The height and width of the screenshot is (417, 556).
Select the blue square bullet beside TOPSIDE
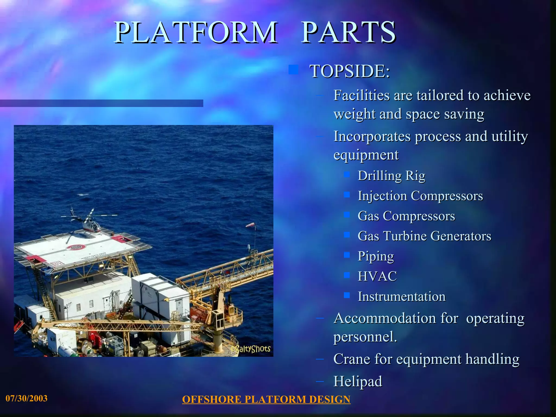[293, 69]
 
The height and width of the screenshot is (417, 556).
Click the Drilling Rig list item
[391, 176]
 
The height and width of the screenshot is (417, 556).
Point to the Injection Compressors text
[420, 196]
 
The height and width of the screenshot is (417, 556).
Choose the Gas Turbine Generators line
[424, 236]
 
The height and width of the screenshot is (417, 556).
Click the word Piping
[376, 256]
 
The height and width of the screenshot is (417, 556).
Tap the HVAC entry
[377, 276]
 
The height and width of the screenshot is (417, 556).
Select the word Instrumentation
[402, 296]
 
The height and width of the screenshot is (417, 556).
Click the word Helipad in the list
[358, 381]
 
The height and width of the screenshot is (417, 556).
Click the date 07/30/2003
[27, 399]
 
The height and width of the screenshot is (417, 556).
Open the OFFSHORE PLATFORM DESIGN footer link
[266, 400]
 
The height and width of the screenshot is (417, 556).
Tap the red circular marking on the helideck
[76, 247]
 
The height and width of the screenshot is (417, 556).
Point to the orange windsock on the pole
[250, 225]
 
